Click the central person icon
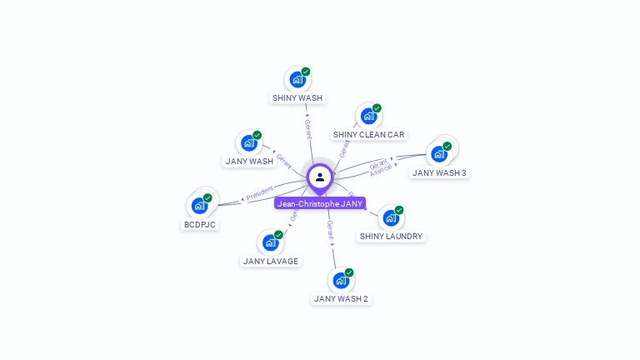pyautogui.click(x=320, y=177)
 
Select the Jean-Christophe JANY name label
pyautogui.click(x=320, y=203)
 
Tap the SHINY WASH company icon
pyautogui.click(x=297, y=80)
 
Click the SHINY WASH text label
pyautogui.click(x=297, y=98)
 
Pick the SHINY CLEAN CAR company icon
pyautogui.click(x=367, y=117)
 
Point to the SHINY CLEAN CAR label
pyautogui.click(x=368, y=135)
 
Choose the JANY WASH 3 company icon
pyautogui.click(x=438, y=154)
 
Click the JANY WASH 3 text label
pyautogui.click(x=439, y=173)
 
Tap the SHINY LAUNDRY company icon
pyautogui.click(x=390, y=218)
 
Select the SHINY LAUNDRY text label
pyautogui.click(x=391, y=237)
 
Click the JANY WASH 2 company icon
pyautogui.click(x=340, y=281)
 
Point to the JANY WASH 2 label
pyautogui.click(x=341, y=298)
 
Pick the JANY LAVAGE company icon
pyautogui.click(x=270, y=243)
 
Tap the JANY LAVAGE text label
pyautogui.click(x=271, y=262)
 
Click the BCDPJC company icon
pyautogui.click(x=199, y=206)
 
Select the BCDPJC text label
pyautogui.click(x=200, y=225)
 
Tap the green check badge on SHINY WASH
pyautogui.click(x=306, y=72)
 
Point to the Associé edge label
pyautogui.click(x=381, y=170)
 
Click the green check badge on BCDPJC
pyautogui.click(x=207, y=198)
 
